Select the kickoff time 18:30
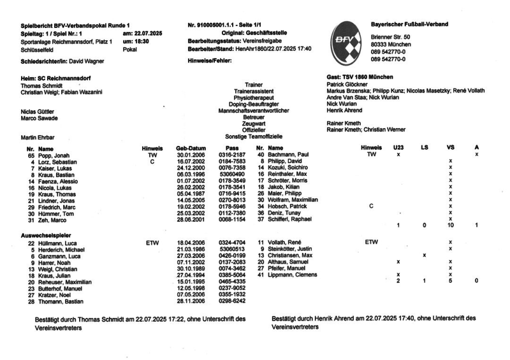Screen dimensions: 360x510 [x=141, y=40]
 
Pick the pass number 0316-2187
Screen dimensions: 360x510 [x=232, y=155]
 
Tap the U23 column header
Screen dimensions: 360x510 [x=398, y=148]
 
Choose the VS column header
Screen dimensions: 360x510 [x=451, y=148]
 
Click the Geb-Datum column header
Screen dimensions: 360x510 [x=191, y=148]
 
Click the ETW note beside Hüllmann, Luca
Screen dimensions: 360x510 [x=152, y=243]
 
